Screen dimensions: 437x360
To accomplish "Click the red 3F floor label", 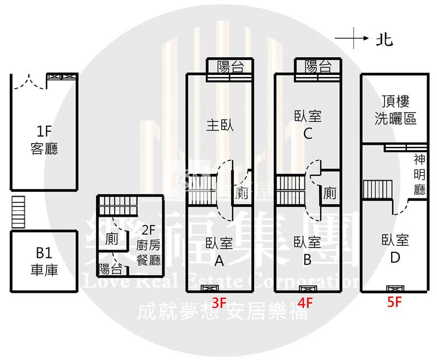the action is point(219,302).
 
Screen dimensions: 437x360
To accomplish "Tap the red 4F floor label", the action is point(305,303).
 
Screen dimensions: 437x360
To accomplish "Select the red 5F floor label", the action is point(394,302).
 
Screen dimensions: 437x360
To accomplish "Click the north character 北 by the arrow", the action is point(385,39).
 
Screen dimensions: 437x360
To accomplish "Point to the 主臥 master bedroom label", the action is point(220,125).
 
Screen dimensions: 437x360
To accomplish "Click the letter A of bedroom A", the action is point(219,261).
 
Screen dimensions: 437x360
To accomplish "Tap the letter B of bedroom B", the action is point(307,259).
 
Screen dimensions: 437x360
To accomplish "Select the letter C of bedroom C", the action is point(308,133).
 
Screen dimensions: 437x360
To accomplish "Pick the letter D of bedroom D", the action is point(395,258).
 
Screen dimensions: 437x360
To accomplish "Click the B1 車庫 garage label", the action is point(44,262).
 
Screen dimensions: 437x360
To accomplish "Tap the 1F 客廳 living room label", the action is point(44,140).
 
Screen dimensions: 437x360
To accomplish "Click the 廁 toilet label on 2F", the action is point(111,239).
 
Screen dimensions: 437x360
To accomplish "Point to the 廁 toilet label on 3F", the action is point(241,193).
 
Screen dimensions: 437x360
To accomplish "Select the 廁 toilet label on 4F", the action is point(329,193).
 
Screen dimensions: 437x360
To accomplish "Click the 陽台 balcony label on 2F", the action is point(111,269).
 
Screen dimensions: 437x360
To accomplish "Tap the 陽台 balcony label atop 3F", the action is point(230,67).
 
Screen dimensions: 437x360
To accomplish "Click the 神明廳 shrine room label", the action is point(420,175).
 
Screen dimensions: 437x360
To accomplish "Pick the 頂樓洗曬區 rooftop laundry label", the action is point(395,110).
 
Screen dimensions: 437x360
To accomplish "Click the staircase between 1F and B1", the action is point(18,212).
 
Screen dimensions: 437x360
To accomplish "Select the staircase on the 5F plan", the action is point(377,190).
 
